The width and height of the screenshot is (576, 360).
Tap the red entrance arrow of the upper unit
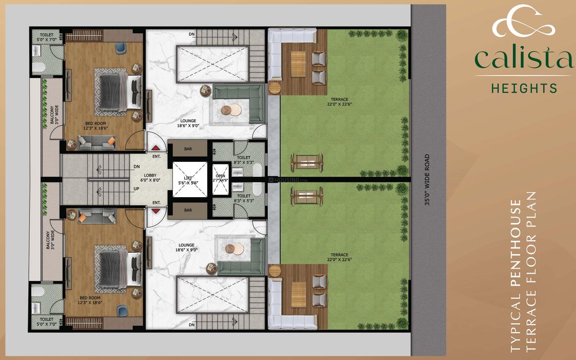(156, 147)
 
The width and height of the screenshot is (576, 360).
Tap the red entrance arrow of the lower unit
(156, 211)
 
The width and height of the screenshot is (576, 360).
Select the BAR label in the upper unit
(188, 149)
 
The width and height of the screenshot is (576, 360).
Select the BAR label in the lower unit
(188, 211)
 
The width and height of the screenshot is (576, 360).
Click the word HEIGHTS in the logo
(524, 88)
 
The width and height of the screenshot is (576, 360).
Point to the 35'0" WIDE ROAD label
(427, 180)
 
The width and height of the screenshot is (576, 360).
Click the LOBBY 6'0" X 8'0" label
(150, 178)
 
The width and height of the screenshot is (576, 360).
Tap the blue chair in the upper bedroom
(121, 48)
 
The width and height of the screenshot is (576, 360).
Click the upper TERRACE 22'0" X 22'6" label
(340, 102)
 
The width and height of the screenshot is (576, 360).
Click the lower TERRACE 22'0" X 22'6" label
(340, 257)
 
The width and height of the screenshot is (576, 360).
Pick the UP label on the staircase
(136, 189)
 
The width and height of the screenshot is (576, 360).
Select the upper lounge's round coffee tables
(231, 110)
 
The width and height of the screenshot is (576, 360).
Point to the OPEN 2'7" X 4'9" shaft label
(220, 178)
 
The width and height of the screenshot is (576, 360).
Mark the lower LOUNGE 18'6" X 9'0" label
(187, 248)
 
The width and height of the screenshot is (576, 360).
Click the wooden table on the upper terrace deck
(298, 64)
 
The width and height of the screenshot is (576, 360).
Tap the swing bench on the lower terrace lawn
(307, 196)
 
